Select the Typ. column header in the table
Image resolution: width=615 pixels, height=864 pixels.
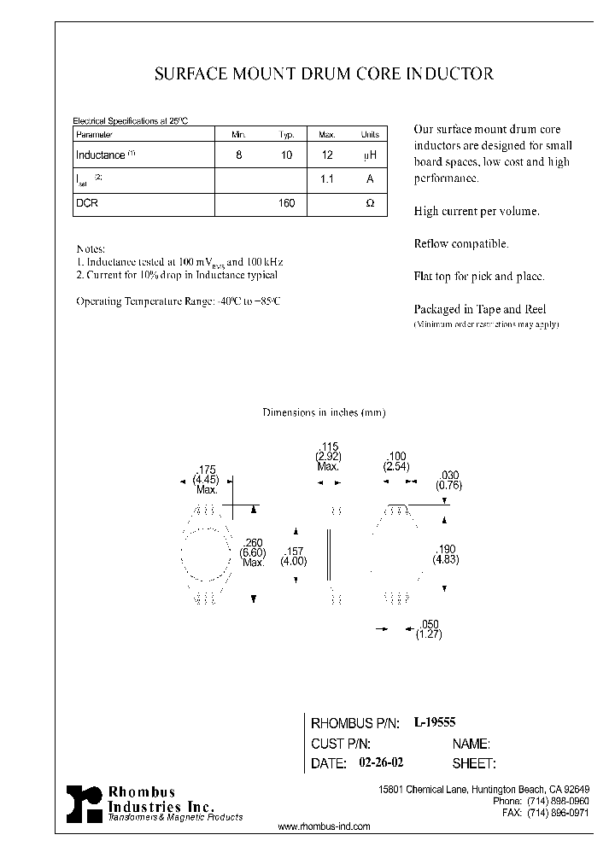pyautogui.click(x=287, y=135)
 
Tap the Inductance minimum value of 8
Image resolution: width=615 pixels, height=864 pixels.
pyautogui.click(x=238, y=155)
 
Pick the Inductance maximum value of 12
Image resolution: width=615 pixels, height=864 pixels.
pyautogui.click(x=325, y=155)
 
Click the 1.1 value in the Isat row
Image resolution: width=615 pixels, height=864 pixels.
pyautogui.click(x=325, y=180)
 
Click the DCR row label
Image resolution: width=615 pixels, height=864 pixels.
pyautogui.click(x=86, y=204)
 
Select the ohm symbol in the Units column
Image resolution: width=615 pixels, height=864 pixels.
pyautogui.click(x=369, y=204)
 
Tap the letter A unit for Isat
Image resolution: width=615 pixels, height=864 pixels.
pyautogui.click(x=369, y=180)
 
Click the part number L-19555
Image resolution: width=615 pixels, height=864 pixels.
pyautogui.click(x=435, y=722)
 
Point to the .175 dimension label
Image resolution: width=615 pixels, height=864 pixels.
pyautogui.click(x=207, y=470)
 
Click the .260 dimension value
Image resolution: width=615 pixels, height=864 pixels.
pyautogui.click(x=253, y=543)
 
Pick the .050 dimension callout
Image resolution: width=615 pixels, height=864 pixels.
pyautogui.click(x=429, y=625)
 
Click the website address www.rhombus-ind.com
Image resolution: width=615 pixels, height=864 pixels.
pyautogui.click(x=325, y=826)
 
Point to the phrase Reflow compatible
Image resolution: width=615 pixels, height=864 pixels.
pyautogui.click(x=460, y=243)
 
